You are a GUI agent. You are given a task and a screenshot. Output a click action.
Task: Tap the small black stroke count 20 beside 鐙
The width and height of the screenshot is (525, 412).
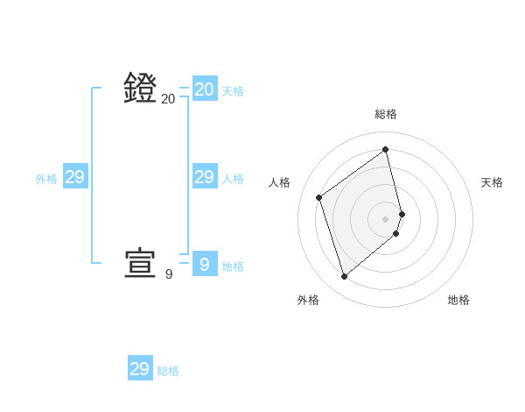(x=169, y=99)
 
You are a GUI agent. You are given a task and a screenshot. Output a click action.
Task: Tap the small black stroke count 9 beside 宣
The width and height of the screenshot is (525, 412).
(x=169, y=274)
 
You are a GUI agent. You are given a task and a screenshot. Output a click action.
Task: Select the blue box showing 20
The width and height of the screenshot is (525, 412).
(x=205, y=89)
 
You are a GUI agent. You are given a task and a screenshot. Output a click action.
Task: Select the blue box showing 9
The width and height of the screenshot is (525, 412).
(x=205, y=265)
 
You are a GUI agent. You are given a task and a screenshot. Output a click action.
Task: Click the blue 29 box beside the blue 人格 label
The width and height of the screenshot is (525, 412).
(x=205, y=177)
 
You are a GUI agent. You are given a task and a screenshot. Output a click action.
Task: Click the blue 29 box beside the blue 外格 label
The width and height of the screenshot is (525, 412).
(x=75, y=177)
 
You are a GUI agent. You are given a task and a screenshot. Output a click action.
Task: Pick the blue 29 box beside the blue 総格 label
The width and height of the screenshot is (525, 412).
(x=140, y=369)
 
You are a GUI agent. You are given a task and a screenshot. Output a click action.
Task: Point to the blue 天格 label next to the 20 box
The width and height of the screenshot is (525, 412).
(x=233, y=91)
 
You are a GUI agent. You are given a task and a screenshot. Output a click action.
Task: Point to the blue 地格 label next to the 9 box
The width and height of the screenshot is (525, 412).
(x=233, y=266)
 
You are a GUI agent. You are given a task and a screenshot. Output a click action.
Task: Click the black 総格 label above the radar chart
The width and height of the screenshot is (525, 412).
(x=386, y=114)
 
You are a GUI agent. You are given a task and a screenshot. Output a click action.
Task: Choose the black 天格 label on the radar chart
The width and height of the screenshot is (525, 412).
(x=493, y=182)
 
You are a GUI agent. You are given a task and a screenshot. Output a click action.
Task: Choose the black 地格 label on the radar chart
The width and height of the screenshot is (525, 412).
(x=458, y=300)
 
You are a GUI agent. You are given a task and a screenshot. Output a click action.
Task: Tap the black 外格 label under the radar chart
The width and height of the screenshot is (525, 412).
(x=308, y=300)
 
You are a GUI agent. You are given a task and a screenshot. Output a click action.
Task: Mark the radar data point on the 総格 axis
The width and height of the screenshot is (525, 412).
(x=386, y=149)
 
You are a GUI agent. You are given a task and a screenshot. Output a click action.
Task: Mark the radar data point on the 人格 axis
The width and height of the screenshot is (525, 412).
(x=319, y=197)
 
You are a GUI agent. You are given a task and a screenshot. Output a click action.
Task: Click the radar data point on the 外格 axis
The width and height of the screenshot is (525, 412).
(x=345, y=277)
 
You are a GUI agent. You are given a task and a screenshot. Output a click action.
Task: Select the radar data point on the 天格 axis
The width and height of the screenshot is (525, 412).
(x=402, y=214)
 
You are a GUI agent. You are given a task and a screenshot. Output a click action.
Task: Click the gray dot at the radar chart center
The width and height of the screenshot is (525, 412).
(x=386, y=219)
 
